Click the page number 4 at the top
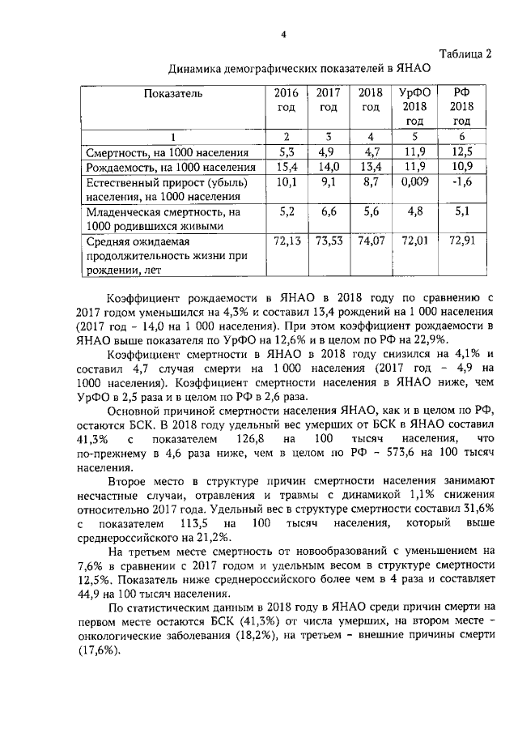coord(282,34)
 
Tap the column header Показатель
coord(173,93)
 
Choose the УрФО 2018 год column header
coord(414,107)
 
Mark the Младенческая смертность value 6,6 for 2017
coord(328,212)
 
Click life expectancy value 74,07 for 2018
coord(371,241)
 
